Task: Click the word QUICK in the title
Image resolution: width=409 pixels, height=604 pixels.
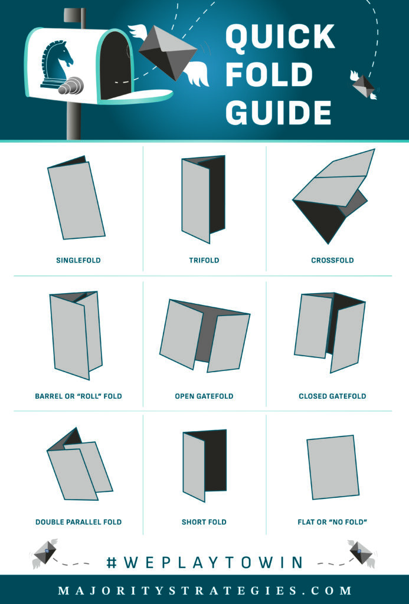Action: pyautogui.click(x=280, y=37)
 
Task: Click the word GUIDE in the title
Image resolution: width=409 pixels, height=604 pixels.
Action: pyautogui.click(x=279, y=113)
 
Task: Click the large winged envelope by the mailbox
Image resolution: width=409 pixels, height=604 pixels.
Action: pyautogui.click(x=168, y=53)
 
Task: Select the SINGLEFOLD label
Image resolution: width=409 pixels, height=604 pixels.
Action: pyautogui.click(x=78, y=260)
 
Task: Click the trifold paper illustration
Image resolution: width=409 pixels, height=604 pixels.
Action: pyautogui.click(x=203, y=199)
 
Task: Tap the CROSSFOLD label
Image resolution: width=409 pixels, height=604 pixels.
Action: pyautogui.click(x=332, y=260)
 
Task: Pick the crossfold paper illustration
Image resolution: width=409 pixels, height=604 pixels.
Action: pyautogui.click(x=333, y=196)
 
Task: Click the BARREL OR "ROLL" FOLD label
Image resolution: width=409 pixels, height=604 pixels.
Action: pyautogui.click(x=78, y=396)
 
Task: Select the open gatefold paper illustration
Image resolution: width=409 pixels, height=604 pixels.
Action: pyautogui.click(x=205, y=336)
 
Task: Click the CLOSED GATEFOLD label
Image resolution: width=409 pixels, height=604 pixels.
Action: pyautogui.click(x=332, y=396)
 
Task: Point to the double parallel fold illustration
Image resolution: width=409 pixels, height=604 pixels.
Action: pyautogui.click(x=80, y=464)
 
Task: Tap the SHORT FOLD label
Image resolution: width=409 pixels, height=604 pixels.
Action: pyautogui.click(x=204, y=522)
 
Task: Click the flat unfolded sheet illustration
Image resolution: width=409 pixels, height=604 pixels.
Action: pyautogui.click(x=333, y=467)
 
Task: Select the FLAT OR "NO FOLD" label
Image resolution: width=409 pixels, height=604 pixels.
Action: pyautogui.click(x=332, y=522)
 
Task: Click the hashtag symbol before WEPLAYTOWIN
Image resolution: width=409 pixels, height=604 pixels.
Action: pyautogui.click(x=112, y=562)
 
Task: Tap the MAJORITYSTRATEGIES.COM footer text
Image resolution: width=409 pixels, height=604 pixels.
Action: pyautogui.click(x=205, y=590)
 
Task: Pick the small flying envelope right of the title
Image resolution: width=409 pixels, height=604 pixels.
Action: pyautogui.click(x=364, y=85)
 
